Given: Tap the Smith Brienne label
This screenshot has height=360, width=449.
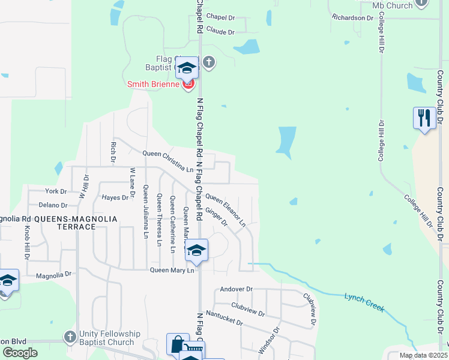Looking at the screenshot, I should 152,85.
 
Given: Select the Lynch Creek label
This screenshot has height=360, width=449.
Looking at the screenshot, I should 364,302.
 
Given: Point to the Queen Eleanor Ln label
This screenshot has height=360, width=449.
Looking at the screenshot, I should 226,209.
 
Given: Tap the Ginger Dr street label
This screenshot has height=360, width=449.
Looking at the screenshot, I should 216,217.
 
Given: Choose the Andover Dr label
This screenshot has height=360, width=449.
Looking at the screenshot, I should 234,289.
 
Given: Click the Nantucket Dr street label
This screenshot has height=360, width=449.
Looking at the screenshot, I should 223,317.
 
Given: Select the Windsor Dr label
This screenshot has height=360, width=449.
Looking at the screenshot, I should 270,340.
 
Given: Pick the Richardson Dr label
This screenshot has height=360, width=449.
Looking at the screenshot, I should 353,18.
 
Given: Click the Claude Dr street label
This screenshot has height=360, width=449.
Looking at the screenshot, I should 220,31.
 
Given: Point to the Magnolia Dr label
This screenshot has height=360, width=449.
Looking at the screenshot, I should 53,274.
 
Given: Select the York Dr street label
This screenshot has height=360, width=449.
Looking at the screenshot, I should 56,191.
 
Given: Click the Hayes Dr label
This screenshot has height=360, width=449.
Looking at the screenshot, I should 115,197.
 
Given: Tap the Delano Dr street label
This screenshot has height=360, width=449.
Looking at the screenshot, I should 53,205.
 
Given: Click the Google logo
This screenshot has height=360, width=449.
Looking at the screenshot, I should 20,353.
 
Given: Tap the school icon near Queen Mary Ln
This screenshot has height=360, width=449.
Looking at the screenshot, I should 196,250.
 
